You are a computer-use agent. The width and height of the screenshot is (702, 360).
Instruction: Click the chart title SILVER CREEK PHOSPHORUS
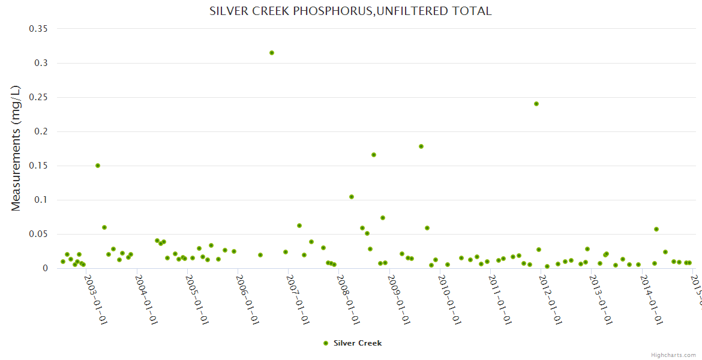(350, 11)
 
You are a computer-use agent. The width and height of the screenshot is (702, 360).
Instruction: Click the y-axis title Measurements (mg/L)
(16, 148)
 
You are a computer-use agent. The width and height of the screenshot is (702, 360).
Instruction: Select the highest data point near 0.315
(272, 53)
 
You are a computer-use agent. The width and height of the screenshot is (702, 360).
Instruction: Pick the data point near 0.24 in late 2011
(536, 104)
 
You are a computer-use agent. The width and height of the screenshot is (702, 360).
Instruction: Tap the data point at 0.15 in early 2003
(98, 166)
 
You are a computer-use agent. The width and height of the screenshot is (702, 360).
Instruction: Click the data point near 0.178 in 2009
(421, 146)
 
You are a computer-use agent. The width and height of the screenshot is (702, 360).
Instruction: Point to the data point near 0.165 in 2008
(374, 155)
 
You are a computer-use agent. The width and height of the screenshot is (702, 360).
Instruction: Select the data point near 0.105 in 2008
(352, 197)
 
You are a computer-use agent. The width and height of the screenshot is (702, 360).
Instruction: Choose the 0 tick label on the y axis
(44, 268)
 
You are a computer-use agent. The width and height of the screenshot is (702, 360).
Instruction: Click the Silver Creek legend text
(358, 343)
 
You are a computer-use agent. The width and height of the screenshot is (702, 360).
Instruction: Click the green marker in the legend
(326, 343)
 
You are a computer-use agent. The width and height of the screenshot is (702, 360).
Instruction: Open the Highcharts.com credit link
(673, 355)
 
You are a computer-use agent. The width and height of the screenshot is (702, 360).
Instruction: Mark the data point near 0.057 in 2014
(656, 229)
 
